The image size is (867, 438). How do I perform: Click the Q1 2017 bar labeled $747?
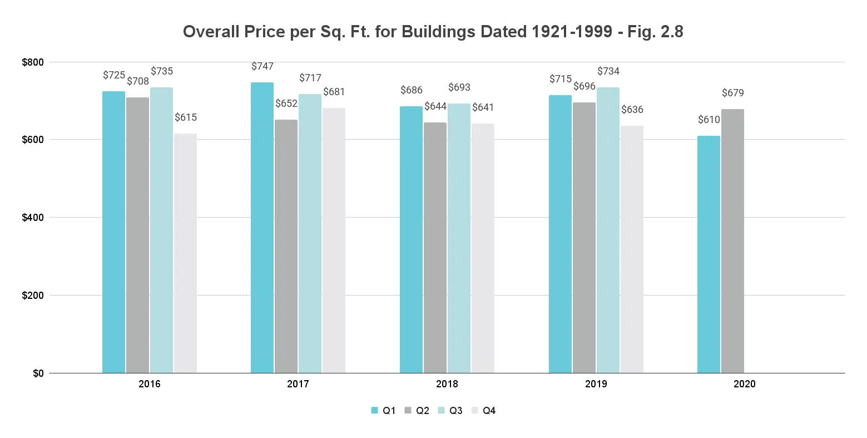262,228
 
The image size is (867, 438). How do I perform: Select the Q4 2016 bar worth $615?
185,253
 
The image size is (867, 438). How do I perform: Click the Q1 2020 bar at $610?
709,254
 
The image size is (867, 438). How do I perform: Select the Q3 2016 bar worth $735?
161,230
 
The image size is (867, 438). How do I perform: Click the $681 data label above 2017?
334,92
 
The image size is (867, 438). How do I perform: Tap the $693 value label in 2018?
459,87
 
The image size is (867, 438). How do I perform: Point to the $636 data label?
632,110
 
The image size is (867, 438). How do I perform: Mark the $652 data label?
286,104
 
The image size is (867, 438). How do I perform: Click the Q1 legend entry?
383,411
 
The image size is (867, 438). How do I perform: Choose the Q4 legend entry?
483,411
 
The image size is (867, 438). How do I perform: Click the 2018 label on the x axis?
447,384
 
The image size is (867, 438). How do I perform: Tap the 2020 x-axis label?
745,384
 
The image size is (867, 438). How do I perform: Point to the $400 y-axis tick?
33,218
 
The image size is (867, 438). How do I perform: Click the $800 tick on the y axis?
33,62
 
